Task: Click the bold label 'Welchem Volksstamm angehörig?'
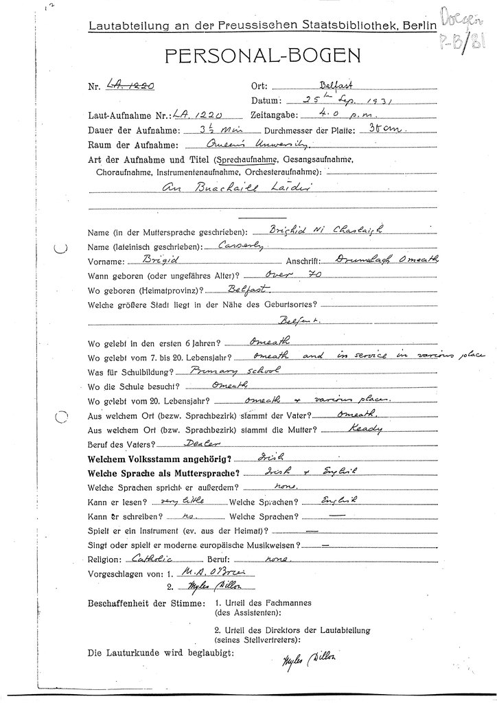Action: (161, 457)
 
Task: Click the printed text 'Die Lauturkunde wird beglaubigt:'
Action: (161, 653)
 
